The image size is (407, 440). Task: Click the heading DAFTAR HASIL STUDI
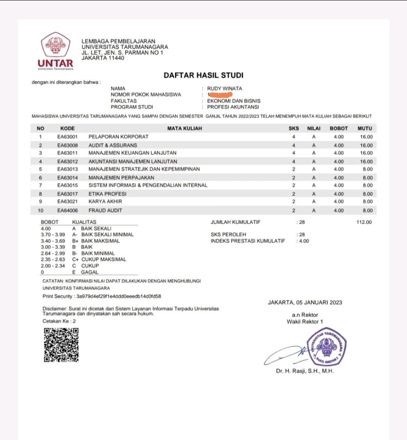pyautogui.click(x=203, y=75)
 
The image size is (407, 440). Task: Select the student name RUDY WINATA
pyautogui.click(x=225, y=88)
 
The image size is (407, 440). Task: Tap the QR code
pyautogui.click(x=61, y=345)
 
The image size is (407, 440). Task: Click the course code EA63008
pyautogui.click(x=67, y=145)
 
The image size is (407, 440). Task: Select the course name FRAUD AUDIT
pyautogui.click(x=105, y=211)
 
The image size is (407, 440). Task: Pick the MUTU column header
pyautogui.click(x=365, y=128)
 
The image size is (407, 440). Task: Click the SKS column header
pyautogui.click(x=294, y=128)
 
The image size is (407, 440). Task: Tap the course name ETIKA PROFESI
pyautogui.click(x=107, y=194)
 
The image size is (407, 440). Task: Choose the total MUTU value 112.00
pyautogui.click(x=364, y=222)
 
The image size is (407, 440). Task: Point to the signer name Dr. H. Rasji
pyautogui.click(x=304, y=371)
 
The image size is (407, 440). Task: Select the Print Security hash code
pyautogui.click(x=119, y=296)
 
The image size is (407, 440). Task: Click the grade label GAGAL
pyautogui.click(x=90, y=272)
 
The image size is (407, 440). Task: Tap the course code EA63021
pyautogui.click(x=67, y=201)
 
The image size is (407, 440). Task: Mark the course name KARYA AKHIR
pyautogui.click(x=105, y=201)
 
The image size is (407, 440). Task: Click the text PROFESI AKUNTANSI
pyautogui.click(x=233, y=107)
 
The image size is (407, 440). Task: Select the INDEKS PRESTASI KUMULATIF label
pyautogui.click(x=248, y=241)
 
